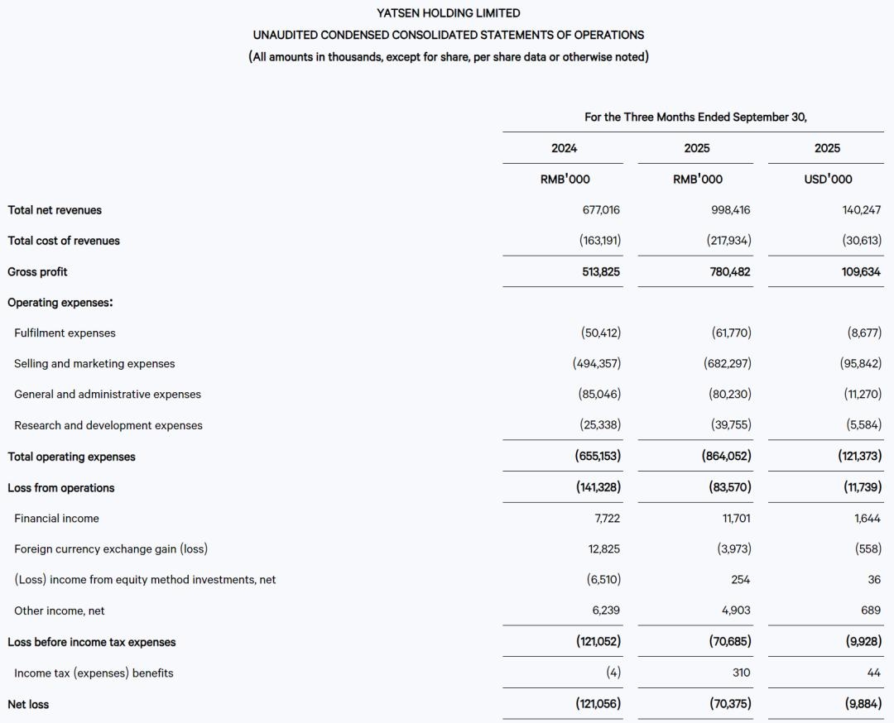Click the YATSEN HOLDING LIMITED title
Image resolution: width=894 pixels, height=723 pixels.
[x=448, y=13]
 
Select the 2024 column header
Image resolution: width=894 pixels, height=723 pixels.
[x=564, y=148]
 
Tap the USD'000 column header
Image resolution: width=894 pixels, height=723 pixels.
[x=827, y=179]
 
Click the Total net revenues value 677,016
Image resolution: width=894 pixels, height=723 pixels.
[x=601, y=210]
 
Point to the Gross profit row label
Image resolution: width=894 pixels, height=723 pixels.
[x=37, y=271]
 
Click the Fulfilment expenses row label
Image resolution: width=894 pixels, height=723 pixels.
[x=65, y=333]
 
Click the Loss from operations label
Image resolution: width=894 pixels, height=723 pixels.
[x=61, y=488]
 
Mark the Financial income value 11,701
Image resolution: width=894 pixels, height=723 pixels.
[x=735, y=519]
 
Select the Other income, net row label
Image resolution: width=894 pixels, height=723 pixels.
[x=60, y=610]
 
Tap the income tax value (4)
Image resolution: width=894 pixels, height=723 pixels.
[x=613, y=673]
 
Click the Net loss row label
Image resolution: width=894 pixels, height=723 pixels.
[x=28, y=705]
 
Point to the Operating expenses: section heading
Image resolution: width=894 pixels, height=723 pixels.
[x=60, y=303]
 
